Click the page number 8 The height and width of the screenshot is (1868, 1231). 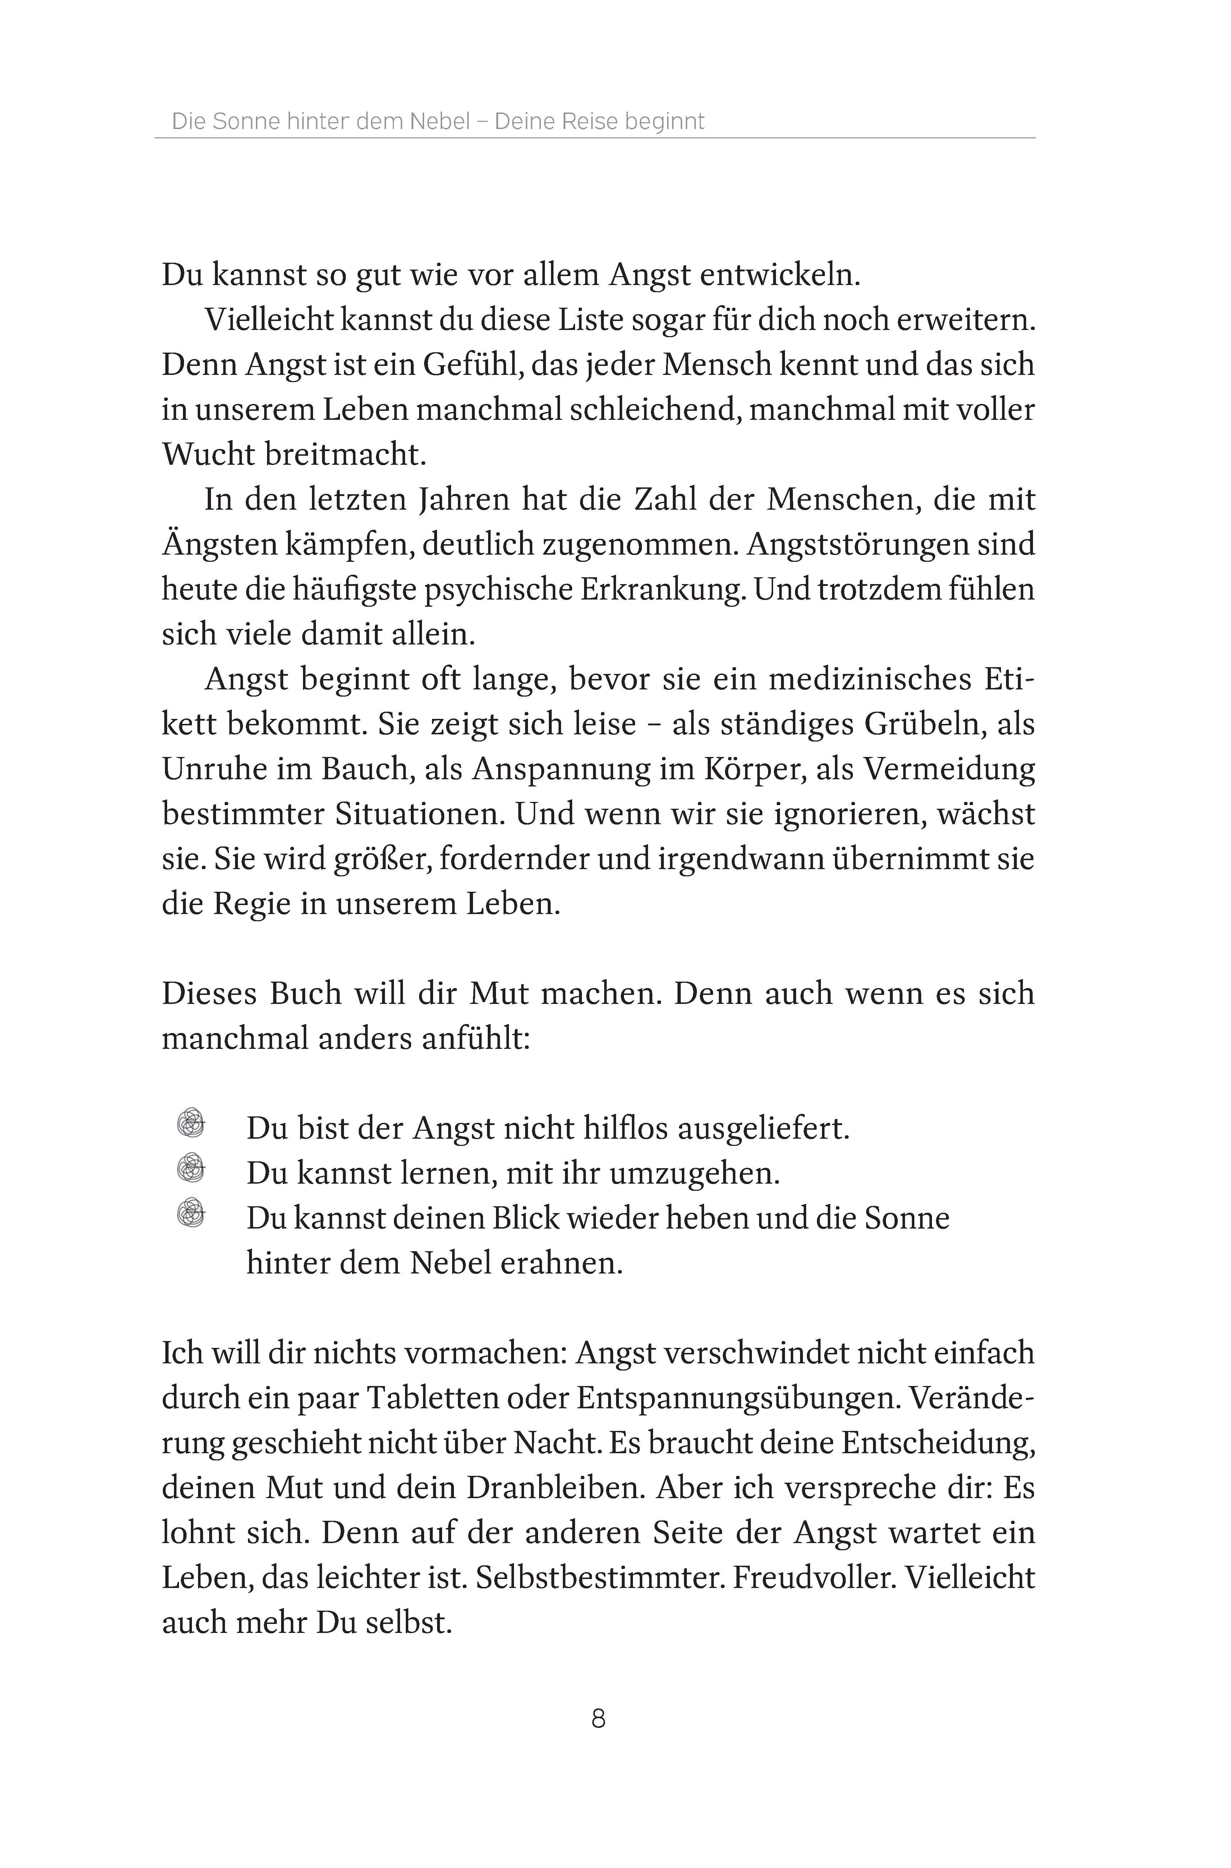(x=598, y=1720)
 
